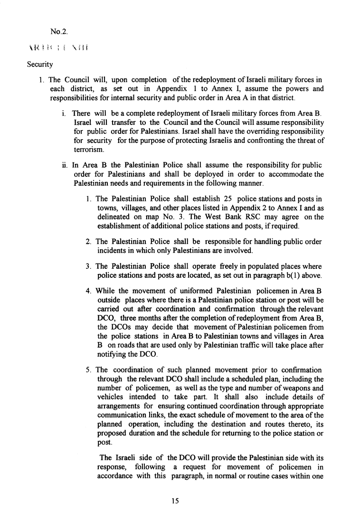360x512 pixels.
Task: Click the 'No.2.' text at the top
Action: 59,32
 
